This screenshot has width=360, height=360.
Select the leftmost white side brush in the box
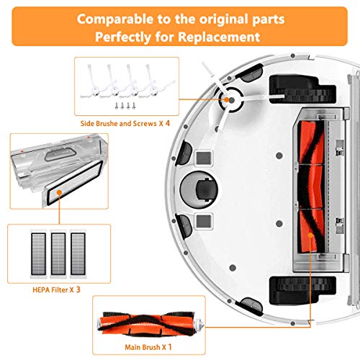91,78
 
